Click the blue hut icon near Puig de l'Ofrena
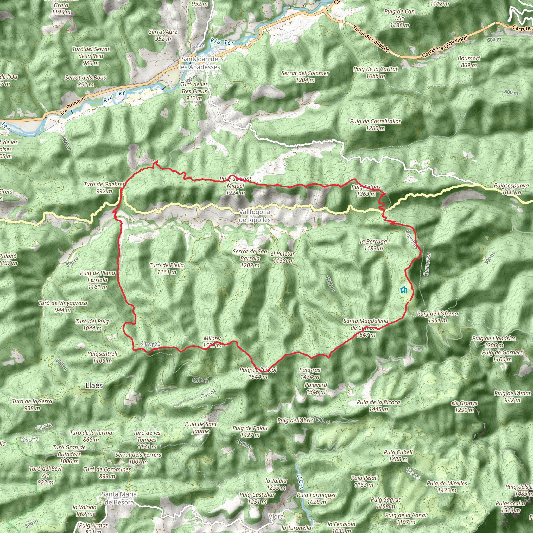[404, 290]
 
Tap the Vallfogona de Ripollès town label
[255, 216]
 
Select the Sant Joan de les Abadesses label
[200, 63]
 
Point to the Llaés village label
[94, 385]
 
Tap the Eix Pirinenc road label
[73, 106]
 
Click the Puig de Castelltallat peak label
[375, 125]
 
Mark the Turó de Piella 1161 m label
[167, 268]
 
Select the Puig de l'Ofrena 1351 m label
[437, 317]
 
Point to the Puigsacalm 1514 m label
[510, 507]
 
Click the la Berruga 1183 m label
[373, 245]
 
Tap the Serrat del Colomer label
[305, 77]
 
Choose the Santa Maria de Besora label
[119, 498]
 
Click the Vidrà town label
[276, 516]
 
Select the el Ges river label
[300, 481]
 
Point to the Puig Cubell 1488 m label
[398, 456]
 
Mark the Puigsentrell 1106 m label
[102, 357]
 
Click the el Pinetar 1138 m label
[282, 257]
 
